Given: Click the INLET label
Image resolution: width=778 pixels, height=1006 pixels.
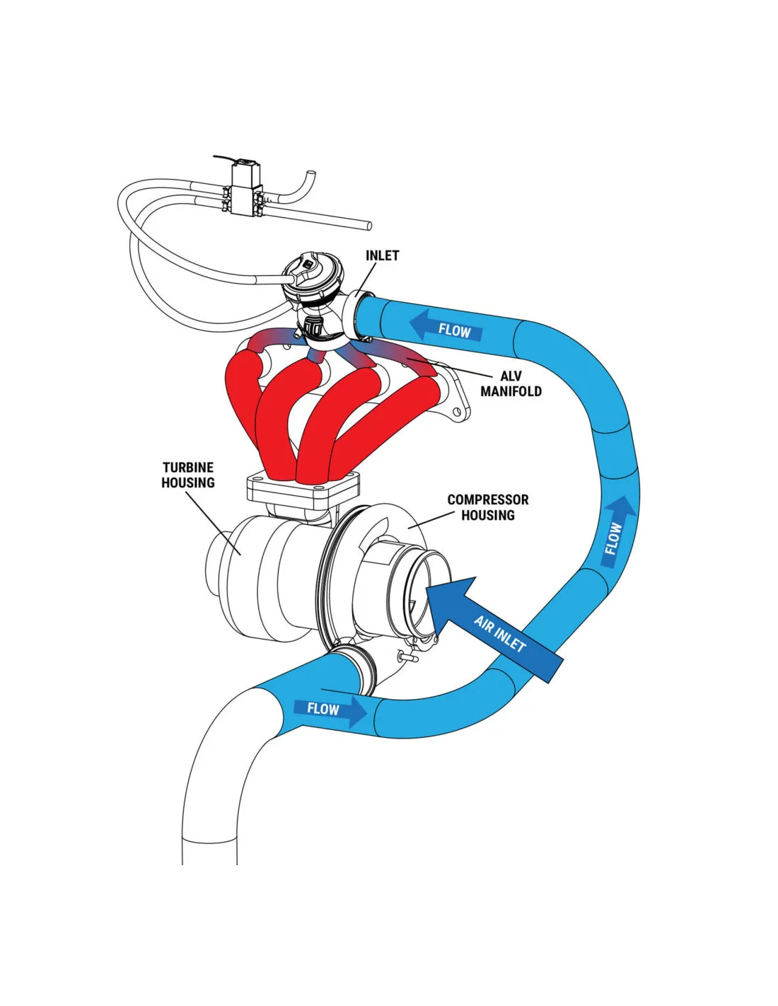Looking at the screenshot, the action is [382, 255].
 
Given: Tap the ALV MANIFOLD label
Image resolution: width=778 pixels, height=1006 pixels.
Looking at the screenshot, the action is [511, 383].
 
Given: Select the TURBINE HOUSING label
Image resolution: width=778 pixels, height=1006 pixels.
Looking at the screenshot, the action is [188, 475].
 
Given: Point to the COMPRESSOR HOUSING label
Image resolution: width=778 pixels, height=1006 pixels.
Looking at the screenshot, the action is [488, 507].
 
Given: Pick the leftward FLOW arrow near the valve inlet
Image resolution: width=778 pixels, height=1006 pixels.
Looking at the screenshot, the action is [446, 328].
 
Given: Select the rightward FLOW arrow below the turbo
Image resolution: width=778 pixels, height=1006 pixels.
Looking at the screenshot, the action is [330, 709].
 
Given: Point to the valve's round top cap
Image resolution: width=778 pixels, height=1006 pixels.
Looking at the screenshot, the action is [313, 276].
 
